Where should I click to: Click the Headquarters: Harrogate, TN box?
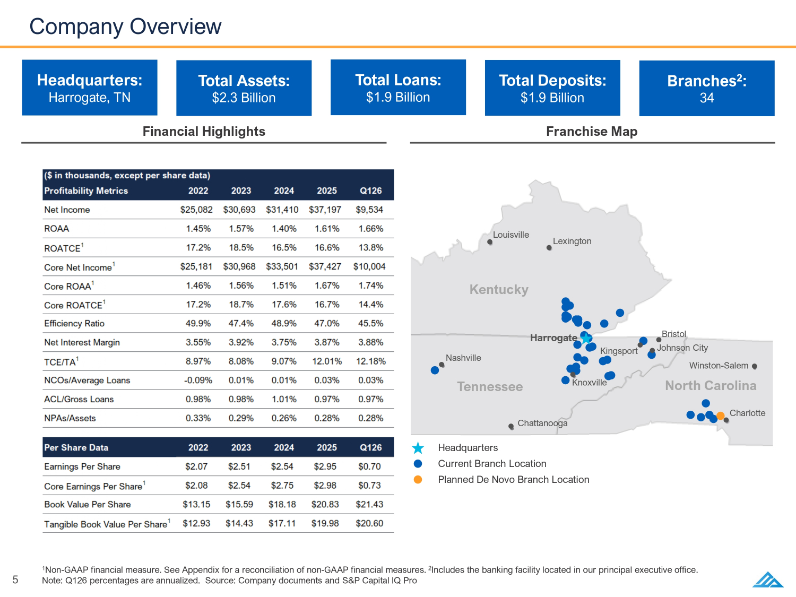point(90,88)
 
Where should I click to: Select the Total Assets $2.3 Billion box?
point(244,88)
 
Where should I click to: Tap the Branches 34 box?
point(706,88)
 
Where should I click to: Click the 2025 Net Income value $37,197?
point(325,210)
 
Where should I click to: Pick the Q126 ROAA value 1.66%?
point(370,229)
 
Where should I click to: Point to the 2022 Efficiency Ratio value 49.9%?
point(198,323)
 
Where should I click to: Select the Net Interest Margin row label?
point(82,342)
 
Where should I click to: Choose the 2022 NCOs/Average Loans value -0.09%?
point(198,380)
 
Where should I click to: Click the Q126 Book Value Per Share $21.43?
point(369,505)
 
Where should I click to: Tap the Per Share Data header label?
point(76,447)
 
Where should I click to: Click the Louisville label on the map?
point(511,235)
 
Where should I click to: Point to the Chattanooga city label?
point(542,423)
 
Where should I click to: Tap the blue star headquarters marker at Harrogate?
point(586,338)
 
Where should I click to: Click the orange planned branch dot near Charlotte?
point(720,416)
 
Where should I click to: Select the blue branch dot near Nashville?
point(435,370)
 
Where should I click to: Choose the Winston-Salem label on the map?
point(719,366)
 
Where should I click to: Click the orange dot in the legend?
point(418,480)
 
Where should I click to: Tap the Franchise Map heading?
point(592,132)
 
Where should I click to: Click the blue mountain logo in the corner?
point(767,579)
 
